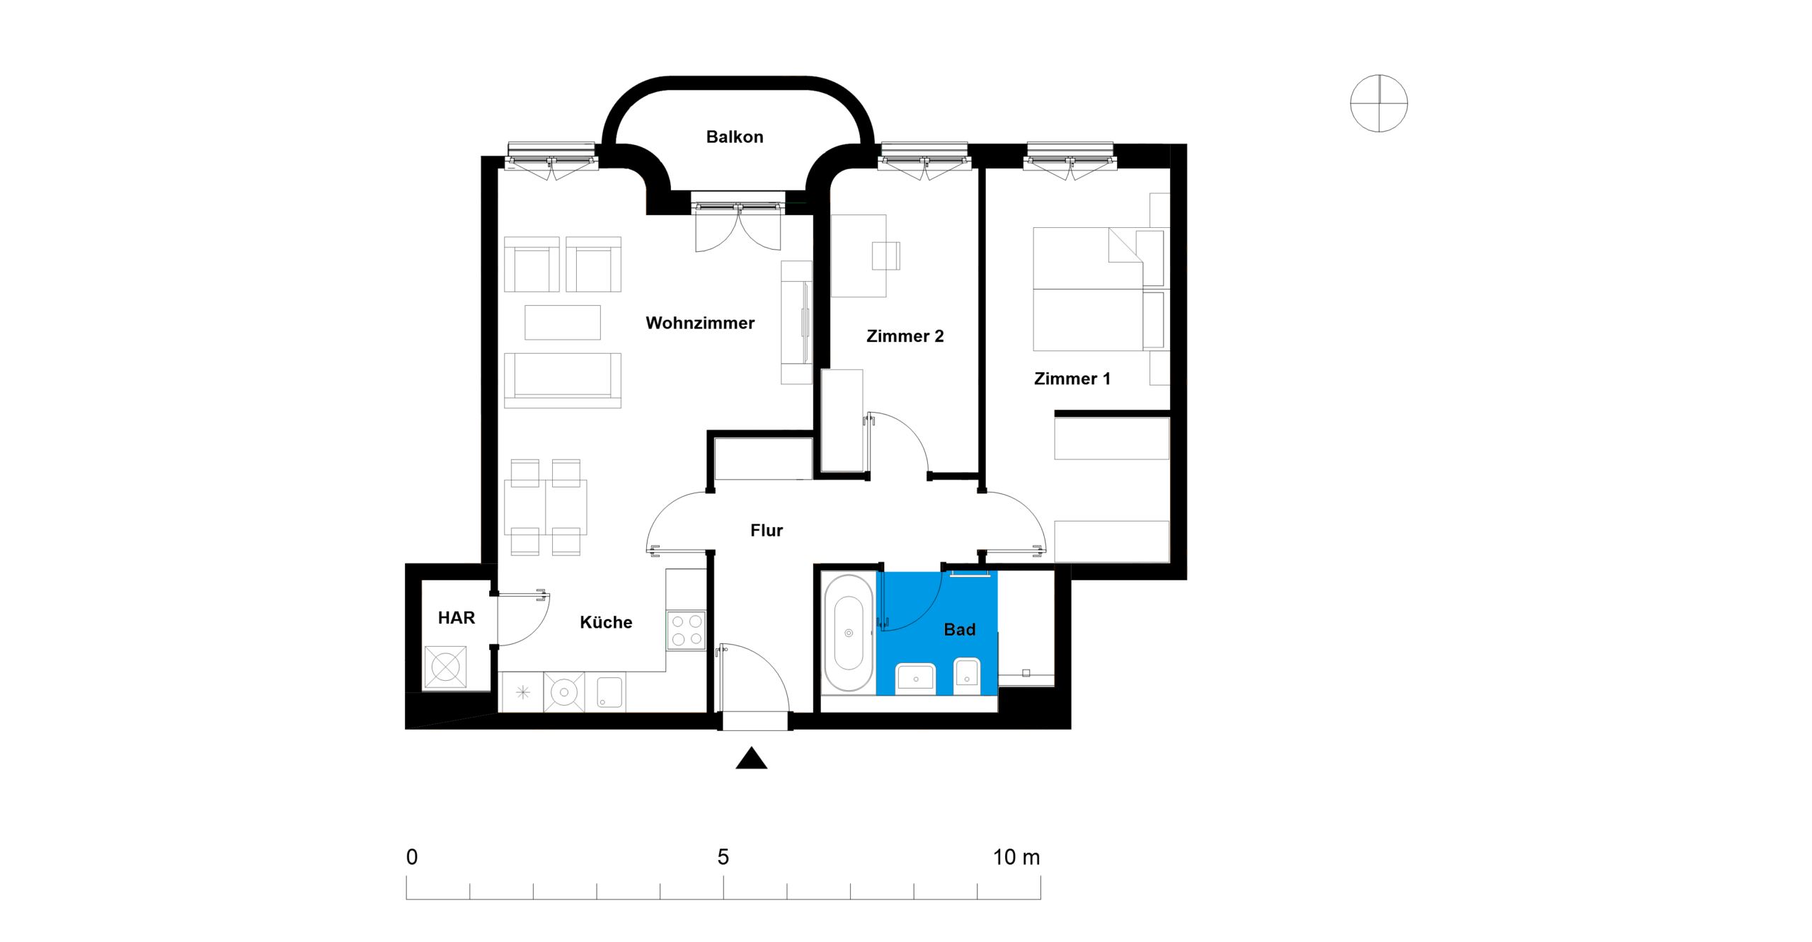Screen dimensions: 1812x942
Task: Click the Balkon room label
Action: (x=735, y=137)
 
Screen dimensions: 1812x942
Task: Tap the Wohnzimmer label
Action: (x=700, y=323)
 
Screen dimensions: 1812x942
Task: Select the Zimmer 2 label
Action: (x=905, y=336)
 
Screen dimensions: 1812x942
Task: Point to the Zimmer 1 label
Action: (x=1072, y=379)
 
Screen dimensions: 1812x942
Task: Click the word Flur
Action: (x=767, y=530)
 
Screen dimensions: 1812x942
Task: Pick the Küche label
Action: (x=606, y=622)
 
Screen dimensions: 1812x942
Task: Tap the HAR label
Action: (x=457, y=618)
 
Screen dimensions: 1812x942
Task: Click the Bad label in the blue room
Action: (x=960, y=629)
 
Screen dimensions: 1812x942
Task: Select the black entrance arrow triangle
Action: (x=752, y=758)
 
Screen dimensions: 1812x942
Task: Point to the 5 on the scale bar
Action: (x=723, y=857)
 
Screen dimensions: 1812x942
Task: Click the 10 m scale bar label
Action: (x=1016, y=857)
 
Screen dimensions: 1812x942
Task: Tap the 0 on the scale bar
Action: (x=412, y=857)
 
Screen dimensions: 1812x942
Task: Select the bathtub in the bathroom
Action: (x=849, y=633)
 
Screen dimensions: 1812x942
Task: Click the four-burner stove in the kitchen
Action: (x=687, y=631)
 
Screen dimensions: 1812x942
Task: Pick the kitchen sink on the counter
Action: (x=609, y=692)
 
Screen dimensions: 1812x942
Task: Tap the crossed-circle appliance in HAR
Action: (x=445, y=667)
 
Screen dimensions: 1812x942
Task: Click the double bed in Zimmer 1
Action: (x=1099, y=289)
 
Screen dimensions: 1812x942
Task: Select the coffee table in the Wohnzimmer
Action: (x=563, y=323)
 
